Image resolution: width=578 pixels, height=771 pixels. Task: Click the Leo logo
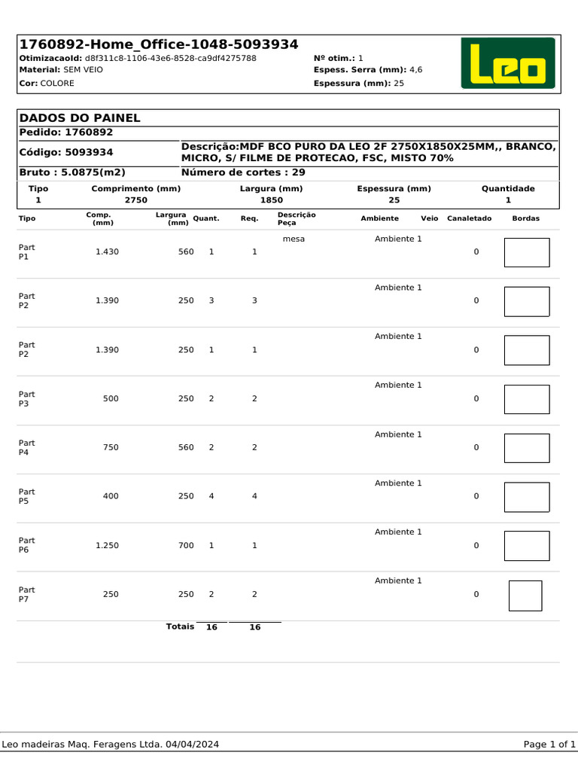(508, 64)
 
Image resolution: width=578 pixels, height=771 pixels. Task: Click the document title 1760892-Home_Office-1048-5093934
(158, 44)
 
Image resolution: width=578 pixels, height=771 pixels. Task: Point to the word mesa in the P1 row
(294, 239)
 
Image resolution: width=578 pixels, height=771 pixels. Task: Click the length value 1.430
(107, 252)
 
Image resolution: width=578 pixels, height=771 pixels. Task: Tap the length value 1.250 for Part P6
(107, 546)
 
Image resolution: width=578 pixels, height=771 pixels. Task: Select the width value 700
(186, 546)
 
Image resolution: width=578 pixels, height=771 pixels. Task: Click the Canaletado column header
(469, 218)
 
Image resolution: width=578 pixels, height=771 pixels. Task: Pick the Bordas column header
(525, 218)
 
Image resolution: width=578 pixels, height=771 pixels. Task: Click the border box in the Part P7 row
(525, 596)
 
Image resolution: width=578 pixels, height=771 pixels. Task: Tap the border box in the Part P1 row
(526, 253)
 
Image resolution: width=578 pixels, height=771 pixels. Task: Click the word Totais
(180, 626)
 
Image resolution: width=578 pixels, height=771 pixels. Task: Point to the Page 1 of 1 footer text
(549, 745)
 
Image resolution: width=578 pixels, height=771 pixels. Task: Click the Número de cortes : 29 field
(243, 172)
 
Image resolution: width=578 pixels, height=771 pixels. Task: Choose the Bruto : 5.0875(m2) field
(71, 172)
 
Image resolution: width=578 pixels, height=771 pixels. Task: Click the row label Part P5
(26, 496)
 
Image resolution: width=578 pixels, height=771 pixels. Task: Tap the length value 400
(111, 497)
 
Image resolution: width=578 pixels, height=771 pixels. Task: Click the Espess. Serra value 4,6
(415, 70)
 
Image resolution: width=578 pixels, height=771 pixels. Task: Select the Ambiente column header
(379, 218)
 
